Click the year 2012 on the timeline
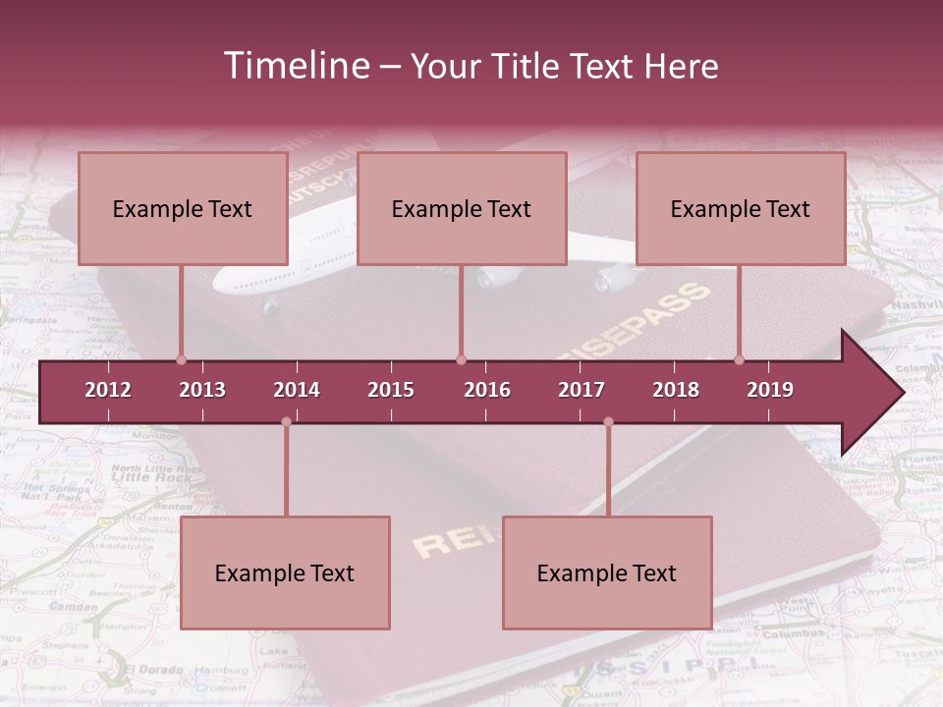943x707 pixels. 108,390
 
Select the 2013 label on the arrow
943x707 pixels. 202,390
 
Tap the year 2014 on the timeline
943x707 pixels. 297,390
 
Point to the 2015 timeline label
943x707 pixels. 391,390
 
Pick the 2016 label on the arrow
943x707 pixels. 487,390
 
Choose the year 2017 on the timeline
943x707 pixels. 582,390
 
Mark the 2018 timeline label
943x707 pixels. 676,390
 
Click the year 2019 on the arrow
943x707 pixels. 770,390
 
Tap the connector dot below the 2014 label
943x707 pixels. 286,422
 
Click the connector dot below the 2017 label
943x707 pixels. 608,422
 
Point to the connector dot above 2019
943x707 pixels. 740,359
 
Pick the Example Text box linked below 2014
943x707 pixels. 285,572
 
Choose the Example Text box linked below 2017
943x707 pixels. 607,572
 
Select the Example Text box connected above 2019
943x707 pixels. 741,208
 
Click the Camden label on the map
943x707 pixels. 74,607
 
